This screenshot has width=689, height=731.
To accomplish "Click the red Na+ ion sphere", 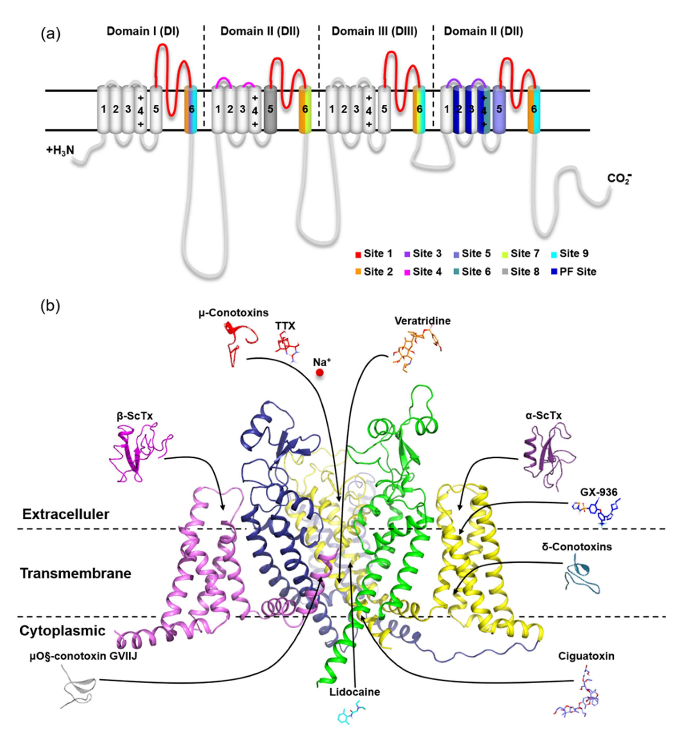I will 319,372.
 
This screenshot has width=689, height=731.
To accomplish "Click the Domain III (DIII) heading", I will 374,31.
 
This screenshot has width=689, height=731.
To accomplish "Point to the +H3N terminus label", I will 60,150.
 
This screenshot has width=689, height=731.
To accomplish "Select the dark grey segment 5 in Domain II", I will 270,109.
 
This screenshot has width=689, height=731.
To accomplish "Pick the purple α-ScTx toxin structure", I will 548,456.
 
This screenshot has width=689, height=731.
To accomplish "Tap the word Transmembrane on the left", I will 75,573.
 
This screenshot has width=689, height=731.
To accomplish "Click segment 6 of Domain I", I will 191,109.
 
